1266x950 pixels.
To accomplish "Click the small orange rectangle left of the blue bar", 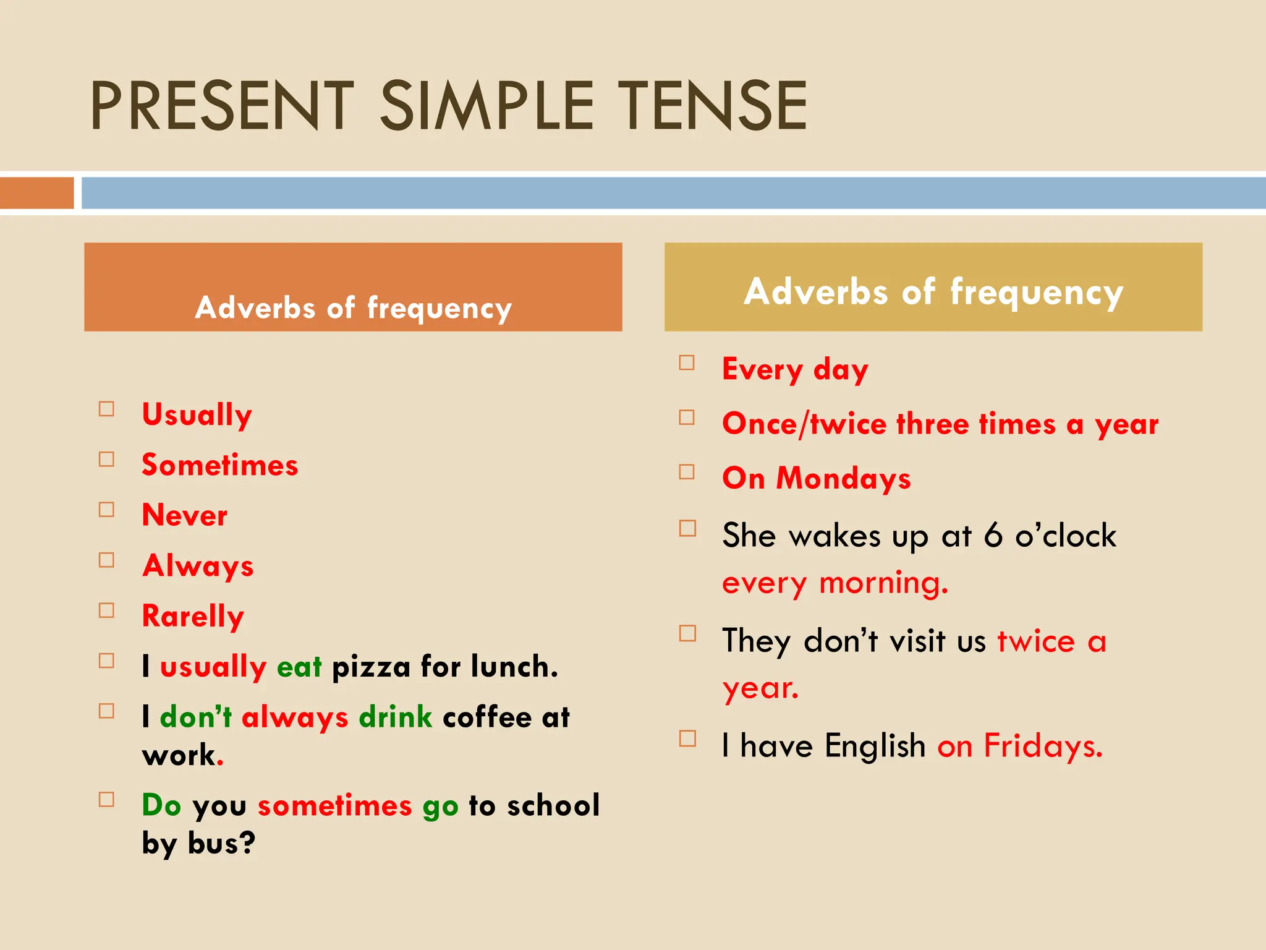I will [36, 193].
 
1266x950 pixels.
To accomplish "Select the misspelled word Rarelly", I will [193, 616].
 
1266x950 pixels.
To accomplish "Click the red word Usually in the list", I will [197, 414].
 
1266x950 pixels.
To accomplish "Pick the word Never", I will [184, 515].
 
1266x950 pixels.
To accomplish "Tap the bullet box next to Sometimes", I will [106, 460].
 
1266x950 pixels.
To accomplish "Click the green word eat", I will [299, 667].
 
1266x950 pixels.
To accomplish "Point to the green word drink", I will [395, 717].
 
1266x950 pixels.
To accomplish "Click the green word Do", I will [161, 805].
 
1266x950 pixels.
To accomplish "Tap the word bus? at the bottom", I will [221, 844].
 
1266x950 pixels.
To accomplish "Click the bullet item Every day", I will [795, 370].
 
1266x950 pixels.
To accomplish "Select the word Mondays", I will [843, 479].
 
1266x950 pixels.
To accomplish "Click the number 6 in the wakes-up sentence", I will [993, 535].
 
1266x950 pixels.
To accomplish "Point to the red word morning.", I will [883, 583].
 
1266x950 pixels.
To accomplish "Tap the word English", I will [875, 746].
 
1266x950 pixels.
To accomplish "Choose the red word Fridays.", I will [1042, 746].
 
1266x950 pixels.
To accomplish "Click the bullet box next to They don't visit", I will [687, 633].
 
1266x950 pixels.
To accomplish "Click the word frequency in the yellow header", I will [1036, 292].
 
